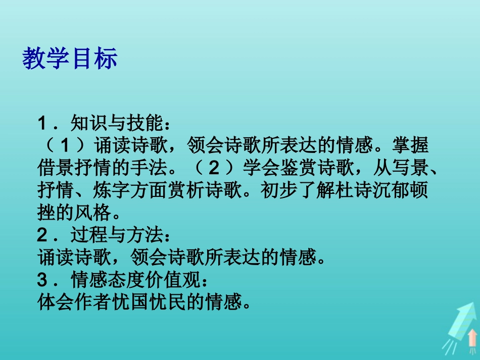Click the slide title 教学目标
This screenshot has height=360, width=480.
click(x=70, y=59)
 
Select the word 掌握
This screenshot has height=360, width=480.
click(x=410, y=146)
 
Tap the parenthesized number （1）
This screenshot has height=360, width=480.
click(x=66, y=146)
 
